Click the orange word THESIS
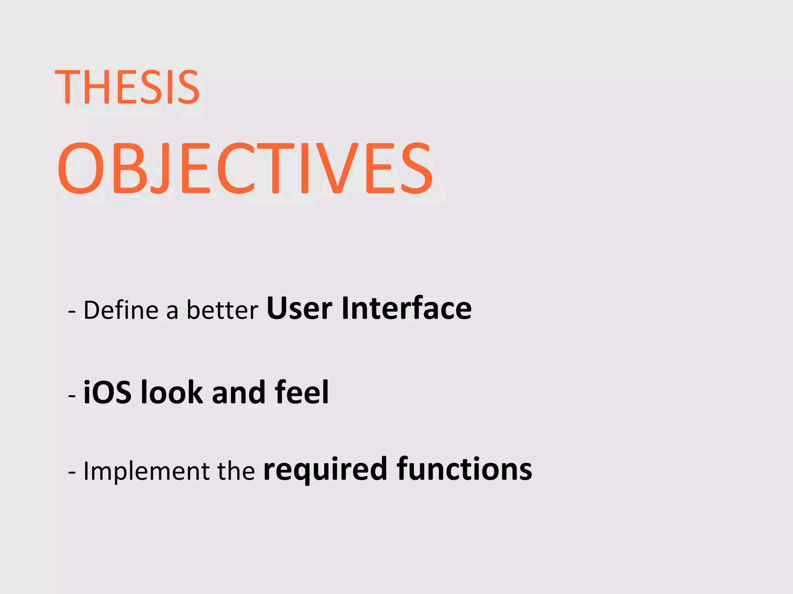tap(127, 87)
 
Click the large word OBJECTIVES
tap(245, 169)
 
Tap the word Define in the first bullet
tap(121, 310)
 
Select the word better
tap(222, 310)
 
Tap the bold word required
tap(325, 470)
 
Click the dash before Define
tap(72, 312)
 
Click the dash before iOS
tap(72, 396)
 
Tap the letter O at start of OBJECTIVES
tap(81, 169)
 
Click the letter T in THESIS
tap(67, 87)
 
